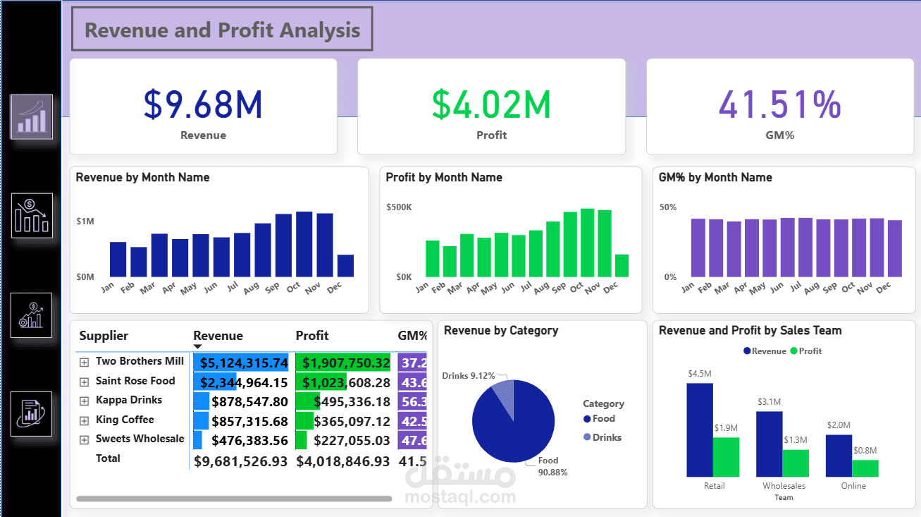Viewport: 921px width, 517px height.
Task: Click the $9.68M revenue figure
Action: [203, 104]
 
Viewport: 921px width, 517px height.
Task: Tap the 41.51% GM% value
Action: [779, 104]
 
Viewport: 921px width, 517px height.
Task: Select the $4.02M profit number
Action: [491, 104]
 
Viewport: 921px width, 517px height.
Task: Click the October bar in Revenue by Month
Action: [304, 244]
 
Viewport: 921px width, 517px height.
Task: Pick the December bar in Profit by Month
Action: [621, 265]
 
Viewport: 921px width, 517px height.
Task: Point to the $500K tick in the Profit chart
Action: [399, 207]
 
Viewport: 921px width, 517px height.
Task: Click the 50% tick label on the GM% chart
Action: [667, 207]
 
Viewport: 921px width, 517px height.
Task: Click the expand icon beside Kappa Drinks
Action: [85, 401]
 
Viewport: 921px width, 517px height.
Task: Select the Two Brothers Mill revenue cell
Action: [244, 363]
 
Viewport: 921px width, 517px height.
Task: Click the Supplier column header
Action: [104, 336]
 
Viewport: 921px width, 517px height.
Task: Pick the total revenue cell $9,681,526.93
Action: [240, 461]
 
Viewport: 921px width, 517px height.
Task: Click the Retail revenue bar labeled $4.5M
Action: [699, 430]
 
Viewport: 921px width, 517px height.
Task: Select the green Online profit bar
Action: [865, 469]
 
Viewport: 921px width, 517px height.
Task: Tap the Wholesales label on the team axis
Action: [784, 486]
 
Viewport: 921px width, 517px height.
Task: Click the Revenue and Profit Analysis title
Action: [222, 30]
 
